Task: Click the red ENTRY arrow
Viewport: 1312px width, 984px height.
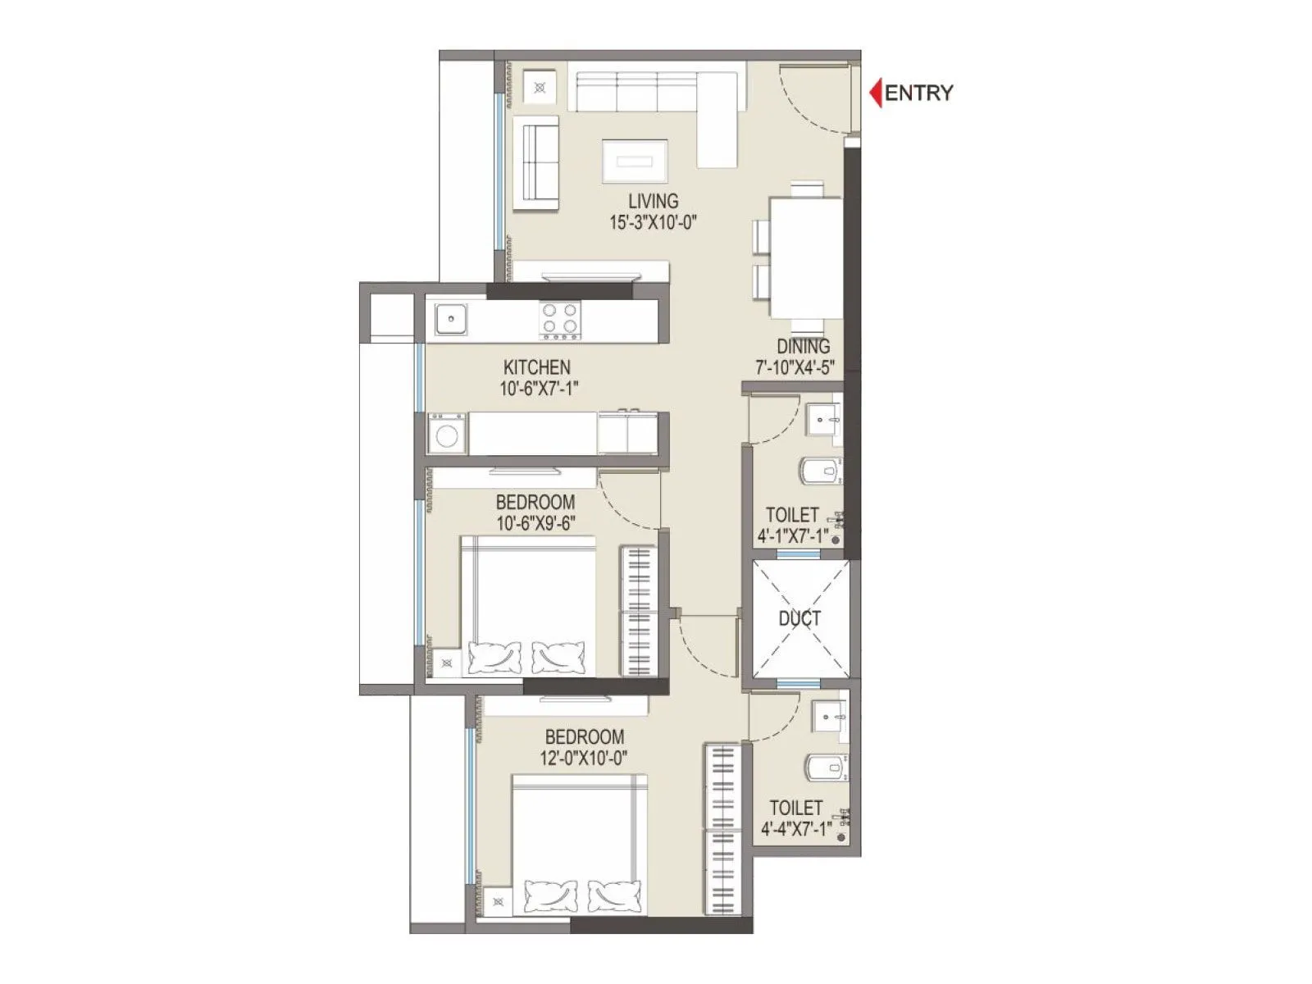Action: click(x=875, y=93)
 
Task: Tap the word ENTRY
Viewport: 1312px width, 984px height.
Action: click(x=919, y=93)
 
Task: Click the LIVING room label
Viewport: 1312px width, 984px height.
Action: click(x=653, y=201)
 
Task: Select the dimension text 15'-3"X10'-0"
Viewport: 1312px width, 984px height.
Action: click(x=653, y=222)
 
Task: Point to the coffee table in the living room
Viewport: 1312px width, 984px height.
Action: click(x=635, y=161)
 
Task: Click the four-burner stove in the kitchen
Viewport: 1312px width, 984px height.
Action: click(x=560, y=320)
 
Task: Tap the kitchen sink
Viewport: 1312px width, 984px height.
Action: click(x=450, y=319)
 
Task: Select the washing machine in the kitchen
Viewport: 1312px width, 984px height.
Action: click(x=447, y=435)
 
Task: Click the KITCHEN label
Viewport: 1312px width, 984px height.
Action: click(x=537, y=367)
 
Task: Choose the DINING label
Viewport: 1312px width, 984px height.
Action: click(x=803, y=347)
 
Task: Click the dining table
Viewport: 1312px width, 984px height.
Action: click(x=805, y=257)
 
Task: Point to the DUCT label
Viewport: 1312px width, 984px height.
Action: click(x=799, y=619)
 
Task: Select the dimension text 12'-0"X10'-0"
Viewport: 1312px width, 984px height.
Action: click(x=584, y=758)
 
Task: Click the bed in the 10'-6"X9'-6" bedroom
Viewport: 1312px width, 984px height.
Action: click(x=527, y=607)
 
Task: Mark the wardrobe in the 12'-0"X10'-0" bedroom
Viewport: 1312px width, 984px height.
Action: click(x=723, y=828)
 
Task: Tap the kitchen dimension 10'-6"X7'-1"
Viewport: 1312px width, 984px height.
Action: click(x=539, y=389)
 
